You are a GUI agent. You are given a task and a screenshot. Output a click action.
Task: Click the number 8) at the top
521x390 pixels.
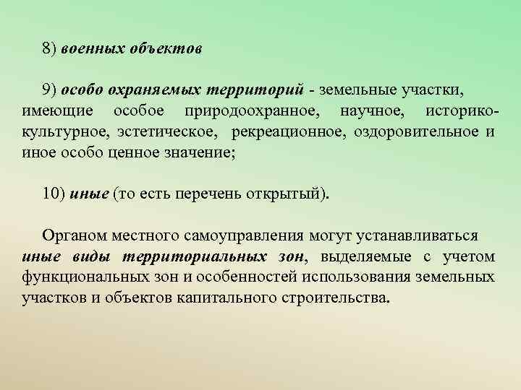(49, 49)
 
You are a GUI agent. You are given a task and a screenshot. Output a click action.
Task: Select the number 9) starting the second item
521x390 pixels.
(49, 89)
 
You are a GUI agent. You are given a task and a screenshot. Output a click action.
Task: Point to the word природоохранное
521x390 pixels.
(255, 113)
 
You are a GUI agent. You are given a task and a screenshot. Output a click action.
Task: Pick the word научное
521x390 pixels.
(372, 113)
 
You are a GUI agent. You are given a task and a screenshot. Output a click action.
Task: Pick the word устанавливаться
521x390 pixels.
(417, 235)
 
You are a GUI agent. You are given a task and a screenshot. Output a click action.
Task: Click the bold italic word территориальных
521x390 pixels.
(199, 256)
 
